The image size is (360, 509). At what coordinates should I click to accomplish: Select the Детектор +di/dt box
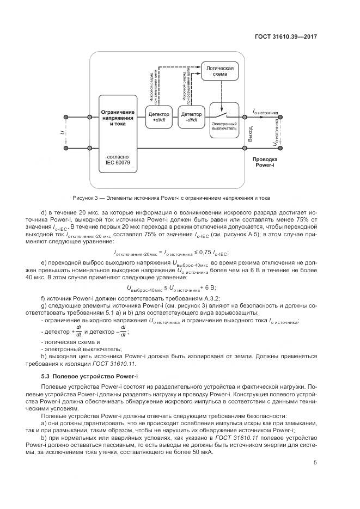(158, 117)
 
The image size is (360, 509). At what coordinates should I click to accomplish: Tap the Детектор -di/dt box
(190, 117)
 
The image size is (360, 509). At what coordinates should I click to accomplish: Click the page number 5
(315, 463)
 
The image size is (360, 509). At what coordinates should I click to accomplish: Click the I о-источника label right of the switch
(265, 113)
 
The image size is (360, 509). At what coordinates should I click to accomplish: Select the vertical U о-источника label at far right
(277, 134)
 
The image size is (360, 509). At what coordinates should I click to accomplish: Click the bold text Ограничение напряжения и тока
(118, 118)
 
